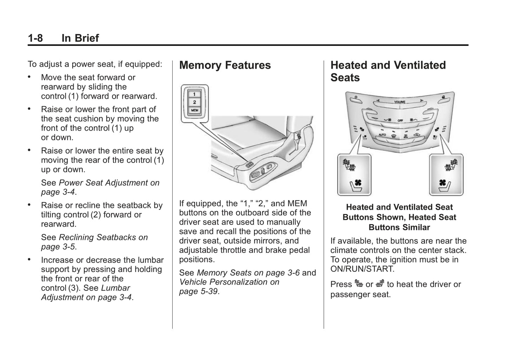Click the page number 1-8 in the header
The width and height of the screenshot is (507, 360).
tap(35, 38)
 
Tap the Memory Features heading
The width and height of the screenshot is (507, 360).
tap(225, 65)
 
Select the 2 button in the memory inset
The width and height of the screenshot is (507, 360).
tap(194, 102)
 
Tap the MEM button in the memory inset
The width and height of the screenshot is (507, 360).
tap(194, 110)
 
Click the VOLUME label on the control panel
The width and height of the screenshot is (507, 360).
tap(400, 102)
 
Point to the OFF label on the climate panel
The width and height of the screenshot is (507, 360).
tap(400, 120)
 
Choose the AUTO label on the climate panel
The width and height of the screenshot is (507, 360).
tap(382, 134)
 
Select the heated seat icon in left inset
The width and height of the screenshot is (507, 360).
tap(348, 165)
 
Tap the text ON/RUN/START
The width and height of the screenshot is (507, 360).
tap(362, 269)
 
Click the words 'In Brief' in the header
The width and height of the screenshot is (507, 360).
tap(80, 38)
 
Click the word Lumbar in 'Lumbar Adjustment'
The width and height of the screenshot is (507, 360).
tap(115, 288)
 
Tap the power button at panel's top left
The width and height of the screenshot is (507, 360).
tap(356, 97)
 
